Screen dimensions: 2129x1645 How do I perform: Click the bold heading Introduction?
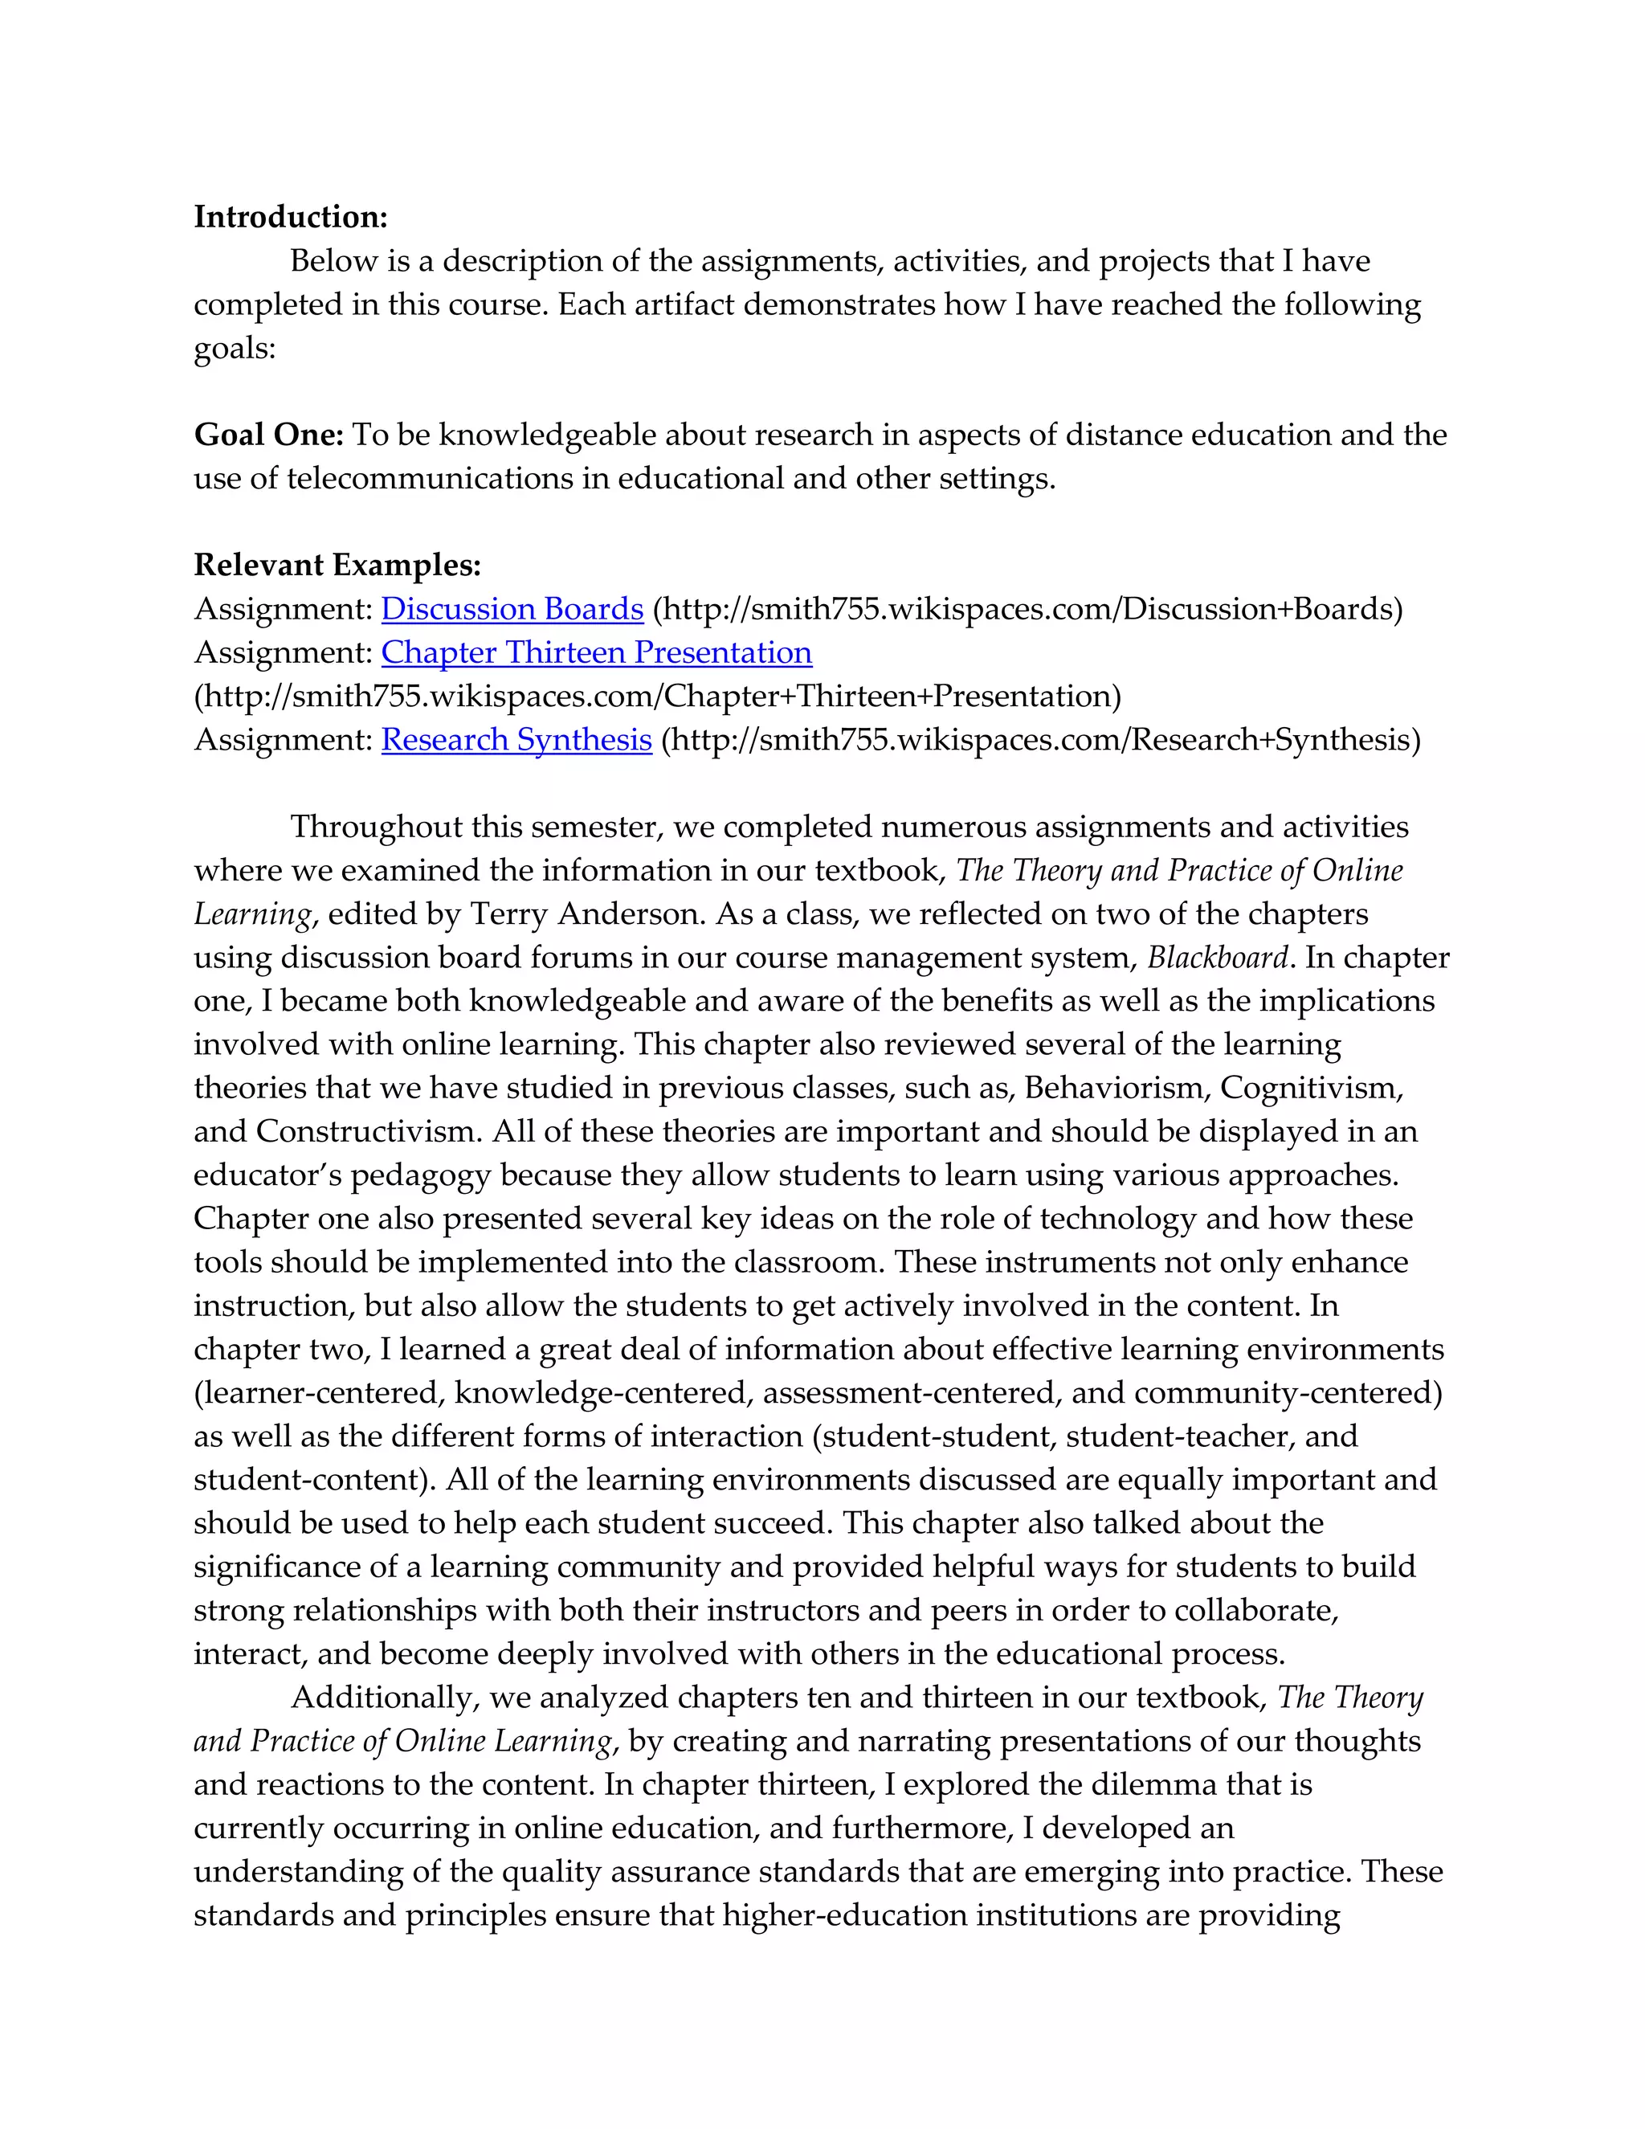(x=291, y=216)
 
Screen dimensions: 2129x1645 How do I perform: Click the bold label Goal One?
(x=268, y=435)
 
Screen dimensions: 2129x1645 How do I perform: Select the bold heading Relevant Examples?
(x=337, y=565)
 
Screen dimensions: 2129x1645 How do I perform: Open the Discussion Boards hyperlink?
(x=512, y=608)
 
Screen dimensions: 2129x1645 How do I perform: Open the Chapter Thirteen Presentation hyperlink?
(x=597, y=652)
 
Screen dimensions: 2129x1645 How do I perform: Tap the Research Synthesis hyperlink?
(x=516, y=739)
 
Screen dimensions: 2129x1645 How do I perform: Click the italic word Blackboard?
(x=1218, y=958)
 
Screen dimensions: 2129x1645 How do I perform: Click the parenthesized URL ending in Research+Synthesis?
(x=1041, y=739)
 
